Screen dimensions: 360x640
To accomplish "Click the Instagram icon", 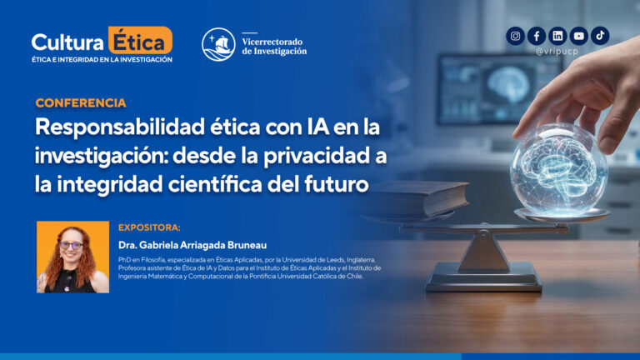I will click(x=516, y=36).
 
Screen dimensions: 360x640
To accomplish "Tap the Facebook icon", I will click(x=537, y=36).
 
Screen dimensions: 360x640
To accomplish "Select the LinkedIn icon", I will click(x=557, y=36).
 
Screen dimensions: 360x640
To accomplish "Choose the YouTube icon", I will click(x=578, y=36).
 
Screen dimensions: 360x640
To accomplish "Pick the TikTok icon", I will click(x=600, y=36).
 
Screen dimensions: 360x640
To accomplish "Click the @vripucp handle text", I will click(x=557, y=52).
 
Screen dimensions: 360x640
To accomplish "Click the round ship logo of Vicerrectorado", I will click(x=218, y=44).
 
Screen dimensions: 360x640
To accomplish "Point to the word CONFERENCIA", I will click(x=81, y=103).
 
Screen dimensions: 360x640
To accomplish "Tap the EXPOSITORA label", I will click(x=149, y=227).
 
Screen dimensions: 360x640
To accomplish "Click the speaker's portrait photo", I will click(x=72, y=257).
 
